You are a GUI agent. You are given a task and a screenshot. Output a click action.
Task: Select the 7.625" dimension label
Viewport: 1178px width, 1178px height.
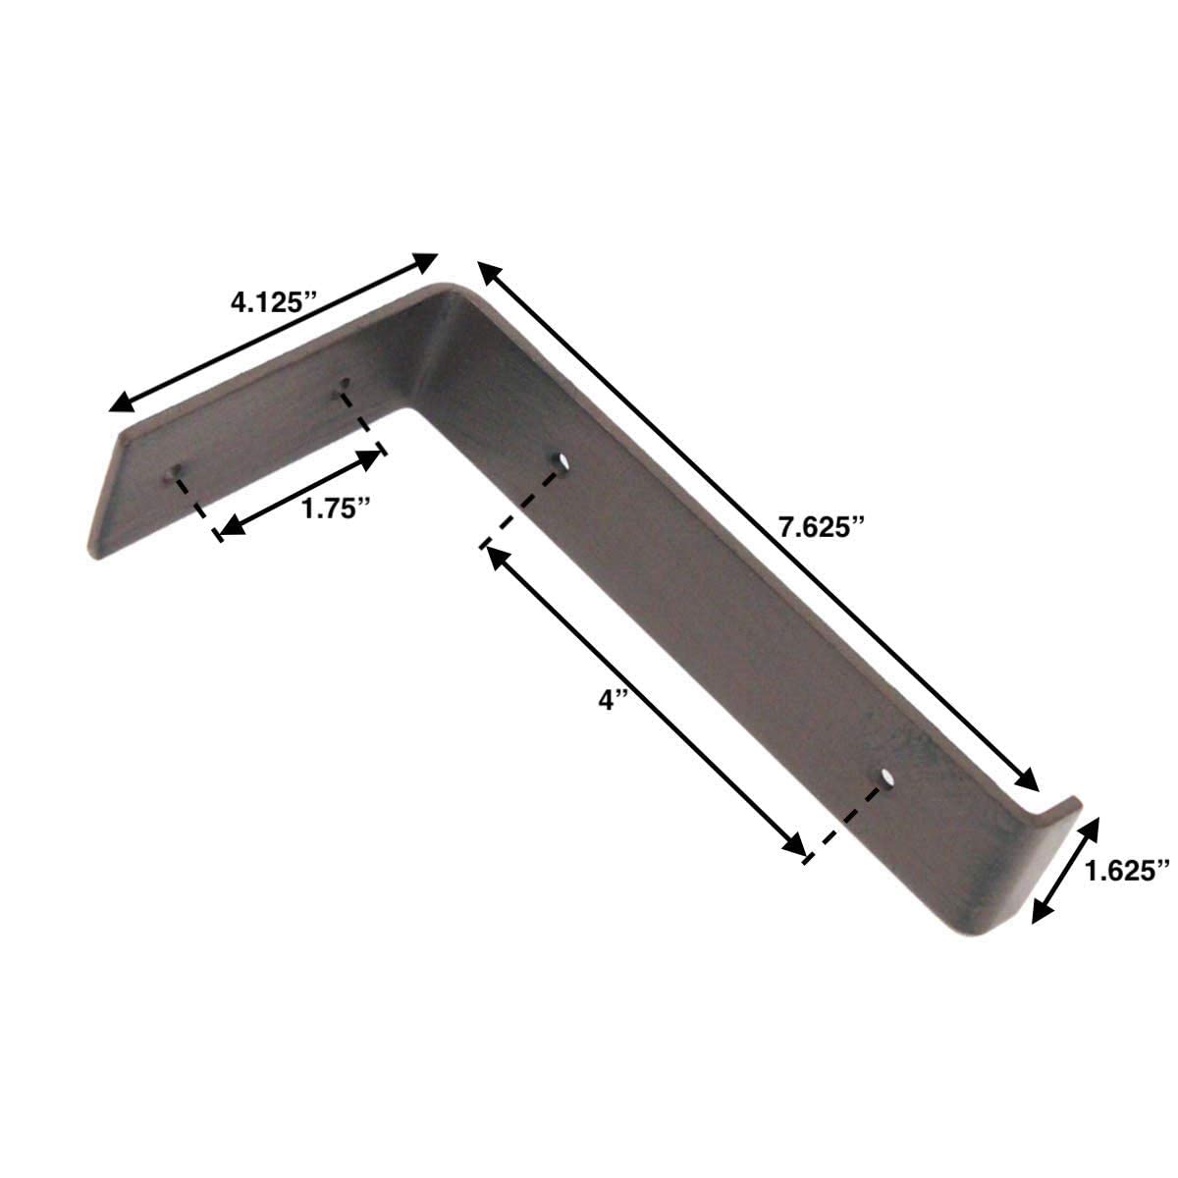[820, 527]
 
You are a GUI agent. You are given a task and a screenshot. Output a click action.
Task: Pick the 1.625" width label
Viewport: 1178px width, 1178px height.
[1128, 870]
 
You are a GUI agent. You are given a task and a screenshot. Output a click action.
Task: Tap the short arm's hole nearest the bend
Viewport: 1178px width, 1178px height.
[343, 384]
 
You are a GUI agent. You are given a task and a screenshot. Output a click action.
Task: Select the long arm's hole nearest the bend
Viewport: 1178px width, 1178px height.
[561, 460]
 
